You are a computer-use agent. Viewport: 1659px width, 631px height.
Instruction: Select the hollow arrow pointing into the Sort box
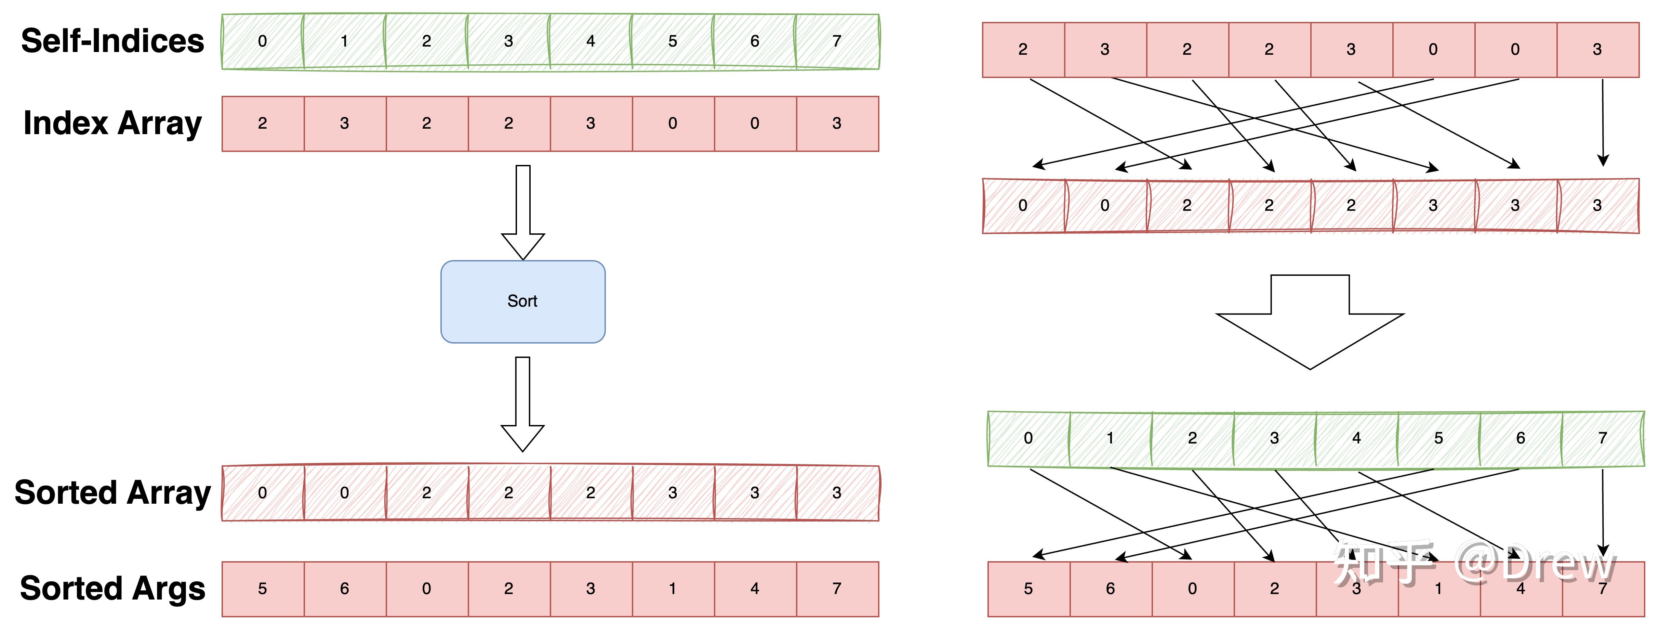[523, 213]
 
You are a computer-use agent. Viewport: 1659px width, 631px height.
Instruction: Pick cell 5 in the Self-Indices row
[672, 42]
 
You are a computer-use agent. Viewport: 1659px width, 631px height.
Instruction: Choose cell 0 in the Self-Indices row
[262, 42]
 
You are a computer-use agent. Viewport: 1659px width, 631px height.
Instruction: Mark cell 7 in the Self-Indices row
[837, 42]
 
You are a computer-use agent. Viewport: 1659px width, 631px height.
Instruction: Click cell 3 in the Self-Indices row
[508, 42]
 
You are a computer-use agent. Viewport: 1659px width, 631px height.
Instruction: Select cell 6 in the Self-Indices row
[754, 42]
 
